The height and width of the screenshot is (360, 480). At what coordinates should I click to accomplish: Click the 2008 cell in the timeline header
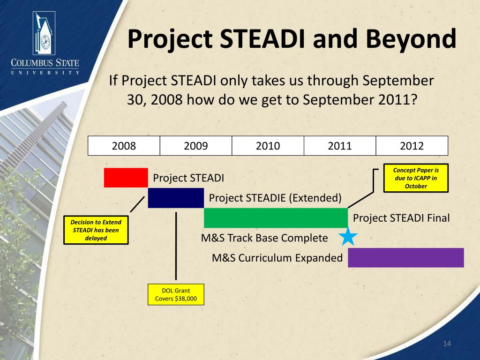point(124,146)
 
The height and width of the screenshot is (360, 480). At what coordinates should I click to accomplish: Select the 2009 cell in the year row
point(196,146)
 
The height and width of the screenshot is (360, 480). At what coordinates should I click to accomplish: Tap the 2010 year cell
point(268,146)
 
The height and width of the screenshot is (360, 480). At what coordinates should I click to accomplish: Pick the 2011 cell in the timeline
point(340,146)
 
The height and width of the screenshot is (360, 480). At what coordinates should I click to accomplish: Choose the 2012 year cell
point(412,146)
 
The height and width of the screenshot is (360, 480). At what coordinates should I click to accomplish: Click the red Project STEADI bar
point(126,178)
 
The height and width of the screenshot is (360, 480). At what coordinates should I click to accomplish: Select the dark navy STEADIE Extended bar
point(176,198)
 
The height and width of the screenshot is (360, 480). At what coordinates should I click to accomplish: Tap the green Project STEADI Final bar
point(276,218)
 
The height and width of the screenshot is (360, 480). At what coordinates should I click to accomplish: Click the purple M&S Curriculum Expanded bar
point(406,258)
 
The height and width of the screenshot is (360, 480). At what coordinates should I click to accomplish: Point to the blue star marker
point(348,237)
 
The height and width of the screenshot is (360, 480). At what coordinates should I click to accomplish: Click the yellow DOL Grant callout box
point(176,294)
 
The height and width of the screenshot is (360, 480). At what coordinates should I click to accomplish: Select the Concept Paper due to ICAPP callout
point(416,178)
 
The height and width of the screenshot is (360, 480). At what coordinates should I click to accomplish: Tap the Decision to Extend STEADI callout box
point(96,230)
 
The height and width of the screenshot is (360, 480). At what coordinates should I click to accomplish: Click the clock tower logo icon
point(44,33)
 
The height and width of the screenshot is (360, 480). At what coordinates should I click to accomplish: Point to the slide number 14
point(447,344)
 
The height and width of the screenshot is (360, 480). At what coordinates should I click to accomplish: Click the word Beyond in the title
point(411,39)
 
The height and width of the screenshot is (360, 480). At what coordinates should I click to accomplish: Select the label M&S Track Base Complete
point(264,238)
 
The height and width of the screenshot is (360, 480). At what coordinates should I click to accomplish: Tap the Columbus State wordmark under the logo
point(45,67)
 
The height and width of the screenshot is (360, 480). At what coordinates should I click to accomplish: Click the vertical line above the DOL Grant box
point(176,246)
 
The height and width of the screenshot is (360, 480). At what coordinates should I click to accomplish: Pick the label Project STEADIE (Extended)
point(275,198)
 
